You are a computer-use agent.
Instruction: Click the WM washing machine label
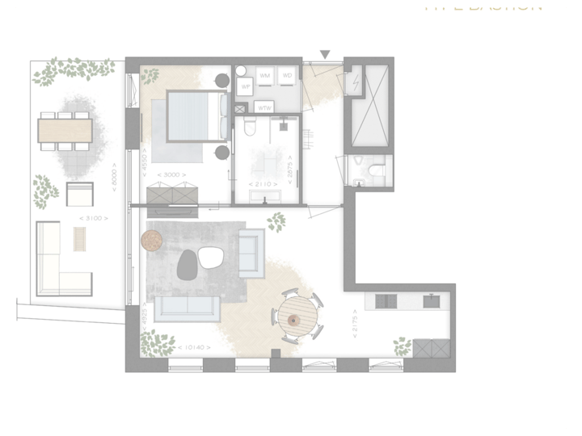coord(265,76)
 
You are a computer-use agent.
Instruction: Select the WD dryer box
coord(286,76)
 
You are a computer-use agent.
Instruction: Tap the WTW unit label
coord(264,107)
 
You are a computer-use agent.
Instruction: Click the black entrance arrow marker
coord(325,55)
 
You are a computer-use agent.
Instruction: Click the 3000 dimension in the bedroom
coord(173,174)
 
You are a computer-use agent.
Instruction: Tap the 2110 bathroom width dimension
coord(264,185)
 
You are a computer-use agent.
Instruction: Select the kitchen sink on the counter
coord(431,301)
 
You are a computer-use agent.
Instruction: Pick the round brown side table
coord(151,240)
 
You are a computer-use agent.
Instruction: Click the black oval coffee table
coord(187,262)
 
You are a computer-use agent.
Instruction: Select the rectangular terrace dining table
coord(65,130)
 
